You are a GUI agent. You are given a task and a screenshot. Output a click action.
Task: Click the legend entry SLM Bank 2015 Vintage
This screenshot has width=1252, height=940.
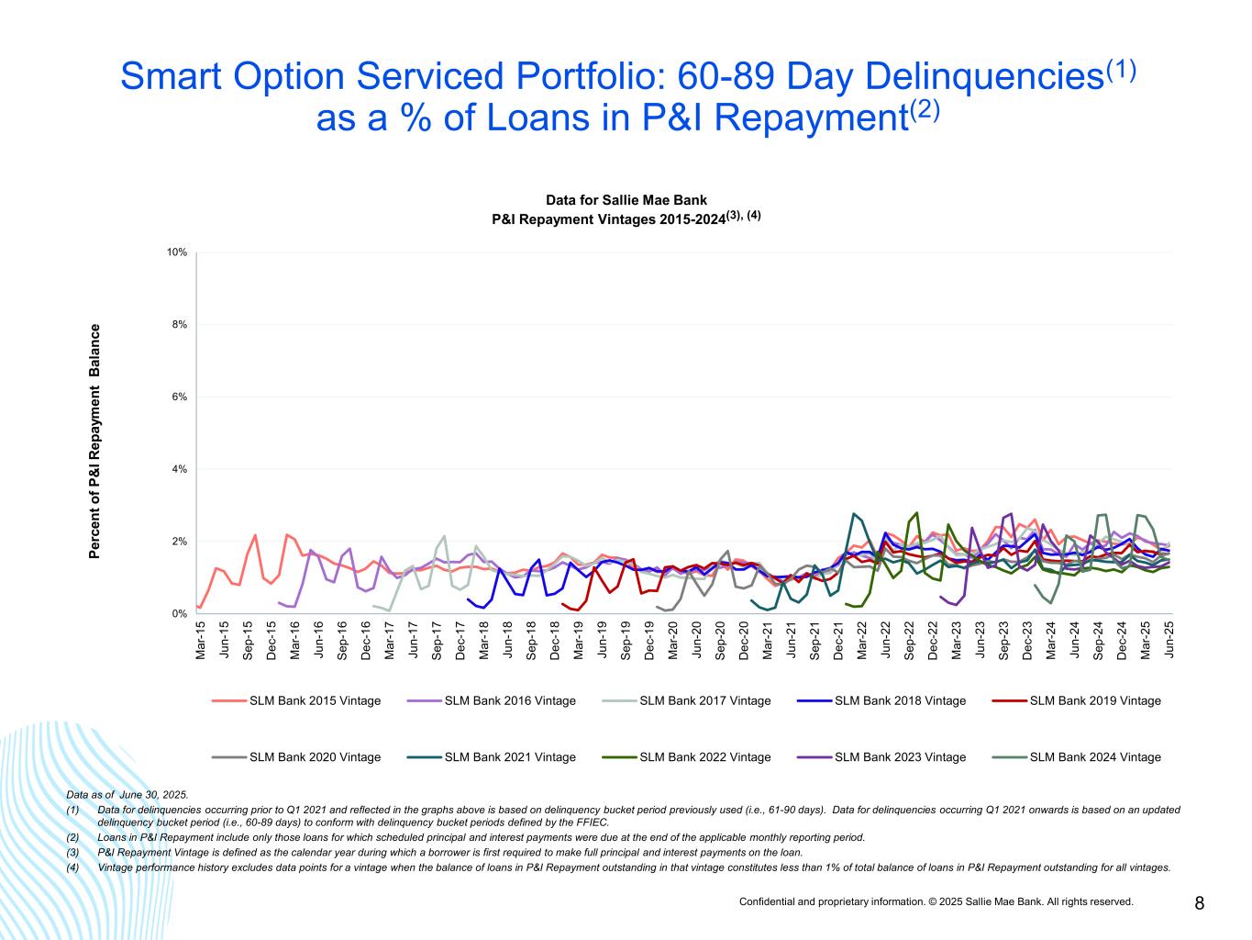315,700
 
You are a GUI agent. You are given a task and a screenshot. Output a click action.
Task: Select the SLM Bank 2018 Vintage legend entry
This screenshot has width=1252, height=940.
900,700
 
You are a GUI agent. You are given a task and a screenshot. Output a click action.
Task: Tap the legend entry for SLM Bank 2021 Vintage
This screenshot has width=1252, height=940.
510,757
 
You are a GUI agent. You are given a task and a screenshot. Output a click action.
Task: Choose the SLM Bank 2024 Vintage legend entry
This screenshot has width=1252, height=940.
1095,757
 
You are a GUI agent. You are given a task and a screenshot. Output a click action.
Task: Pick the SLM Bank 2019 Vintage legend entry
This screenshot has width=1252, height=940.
1095,700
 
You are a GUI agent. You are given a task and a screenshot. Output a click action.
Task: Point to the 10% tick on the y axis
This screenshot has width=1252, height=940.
178,252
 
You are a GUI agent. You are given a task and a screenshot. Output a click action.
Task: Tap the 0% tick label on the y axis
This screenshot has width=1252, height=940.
181,613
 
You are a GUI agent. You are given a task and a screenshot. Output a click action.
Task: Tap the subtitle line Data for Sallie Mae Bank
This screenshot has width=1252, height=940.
626,199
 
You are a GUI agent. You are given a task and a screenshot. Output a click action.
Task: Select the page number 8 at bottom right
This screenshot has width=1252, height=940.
1199,903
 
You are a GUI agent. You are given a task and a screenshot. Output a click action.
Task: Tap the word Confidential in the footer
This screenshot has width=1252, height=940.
768,902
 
